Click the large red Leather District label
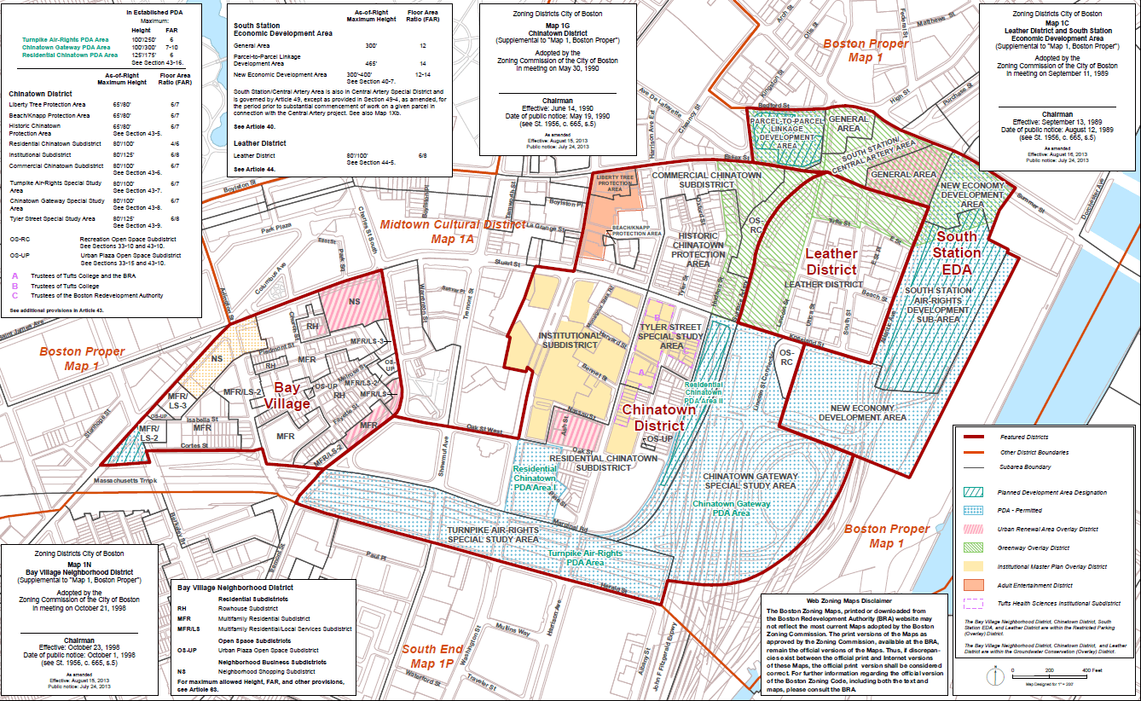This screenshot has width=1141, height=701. pyautogui.click(x=831, y=262)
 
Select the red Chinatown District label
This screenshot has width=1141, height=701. pyautogui.click(x=658, y=418)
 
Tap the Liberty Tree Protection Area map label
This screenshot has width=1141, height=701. pyautogui.click(x=616, y=182)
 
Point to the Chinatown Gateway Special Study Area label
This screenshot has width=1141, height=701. pyautogui.click(x=750, y=481)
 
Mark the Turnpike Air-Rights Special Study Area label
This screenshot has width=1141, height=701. pyautogui.click(x=493, y=535)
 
